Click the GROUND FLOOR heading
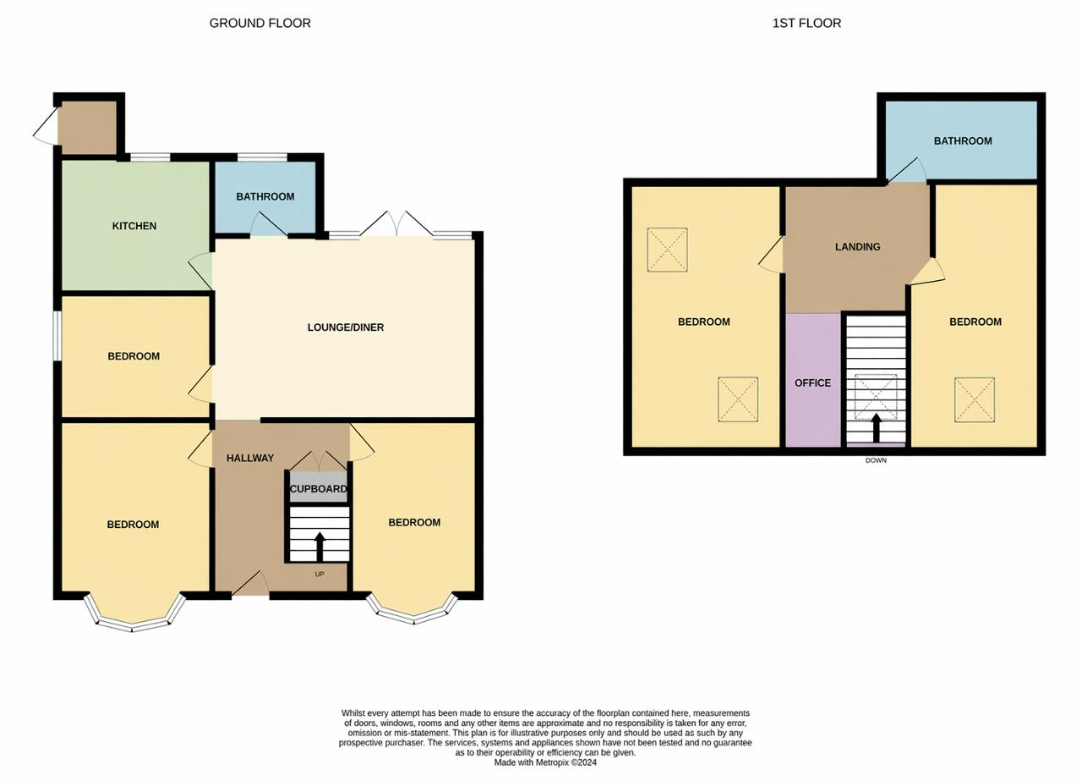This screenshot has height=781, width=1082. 260,23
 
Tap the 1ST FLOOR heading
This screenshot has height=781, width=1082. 806,23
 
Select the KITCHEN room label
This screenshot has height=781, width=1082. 134,226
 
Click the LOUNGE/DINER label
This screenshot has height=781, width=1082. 346,327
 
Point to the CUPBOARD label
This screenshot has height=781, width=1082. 319,489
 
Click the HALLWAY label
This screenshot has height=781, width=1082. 250,458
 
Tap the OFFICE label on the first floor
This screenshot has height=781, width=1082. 813,383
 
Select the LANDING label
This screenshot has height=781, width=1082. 858,246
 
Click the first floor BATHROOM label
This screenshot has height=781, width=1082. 963,140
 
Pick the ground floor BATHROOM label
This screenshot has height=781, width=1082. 265,196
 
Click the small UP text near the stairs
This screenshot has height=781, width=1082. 320,574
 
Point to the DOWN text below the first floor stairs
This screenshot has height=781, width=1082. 877,460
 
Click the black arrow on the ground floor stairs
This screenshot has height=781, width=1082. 320,546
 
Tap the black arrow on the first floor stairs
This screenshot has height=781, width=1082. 877,427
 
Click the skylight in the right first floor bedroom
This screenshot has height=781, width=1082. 975,400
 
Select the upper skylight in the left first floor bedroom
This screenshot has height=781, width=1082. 667,250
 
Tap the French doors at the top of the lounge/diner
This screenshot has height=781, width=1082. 396,224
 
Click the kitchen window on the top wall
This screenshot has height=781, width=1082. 150,157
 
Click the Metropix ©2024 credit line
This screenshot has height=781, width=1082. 545,762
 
